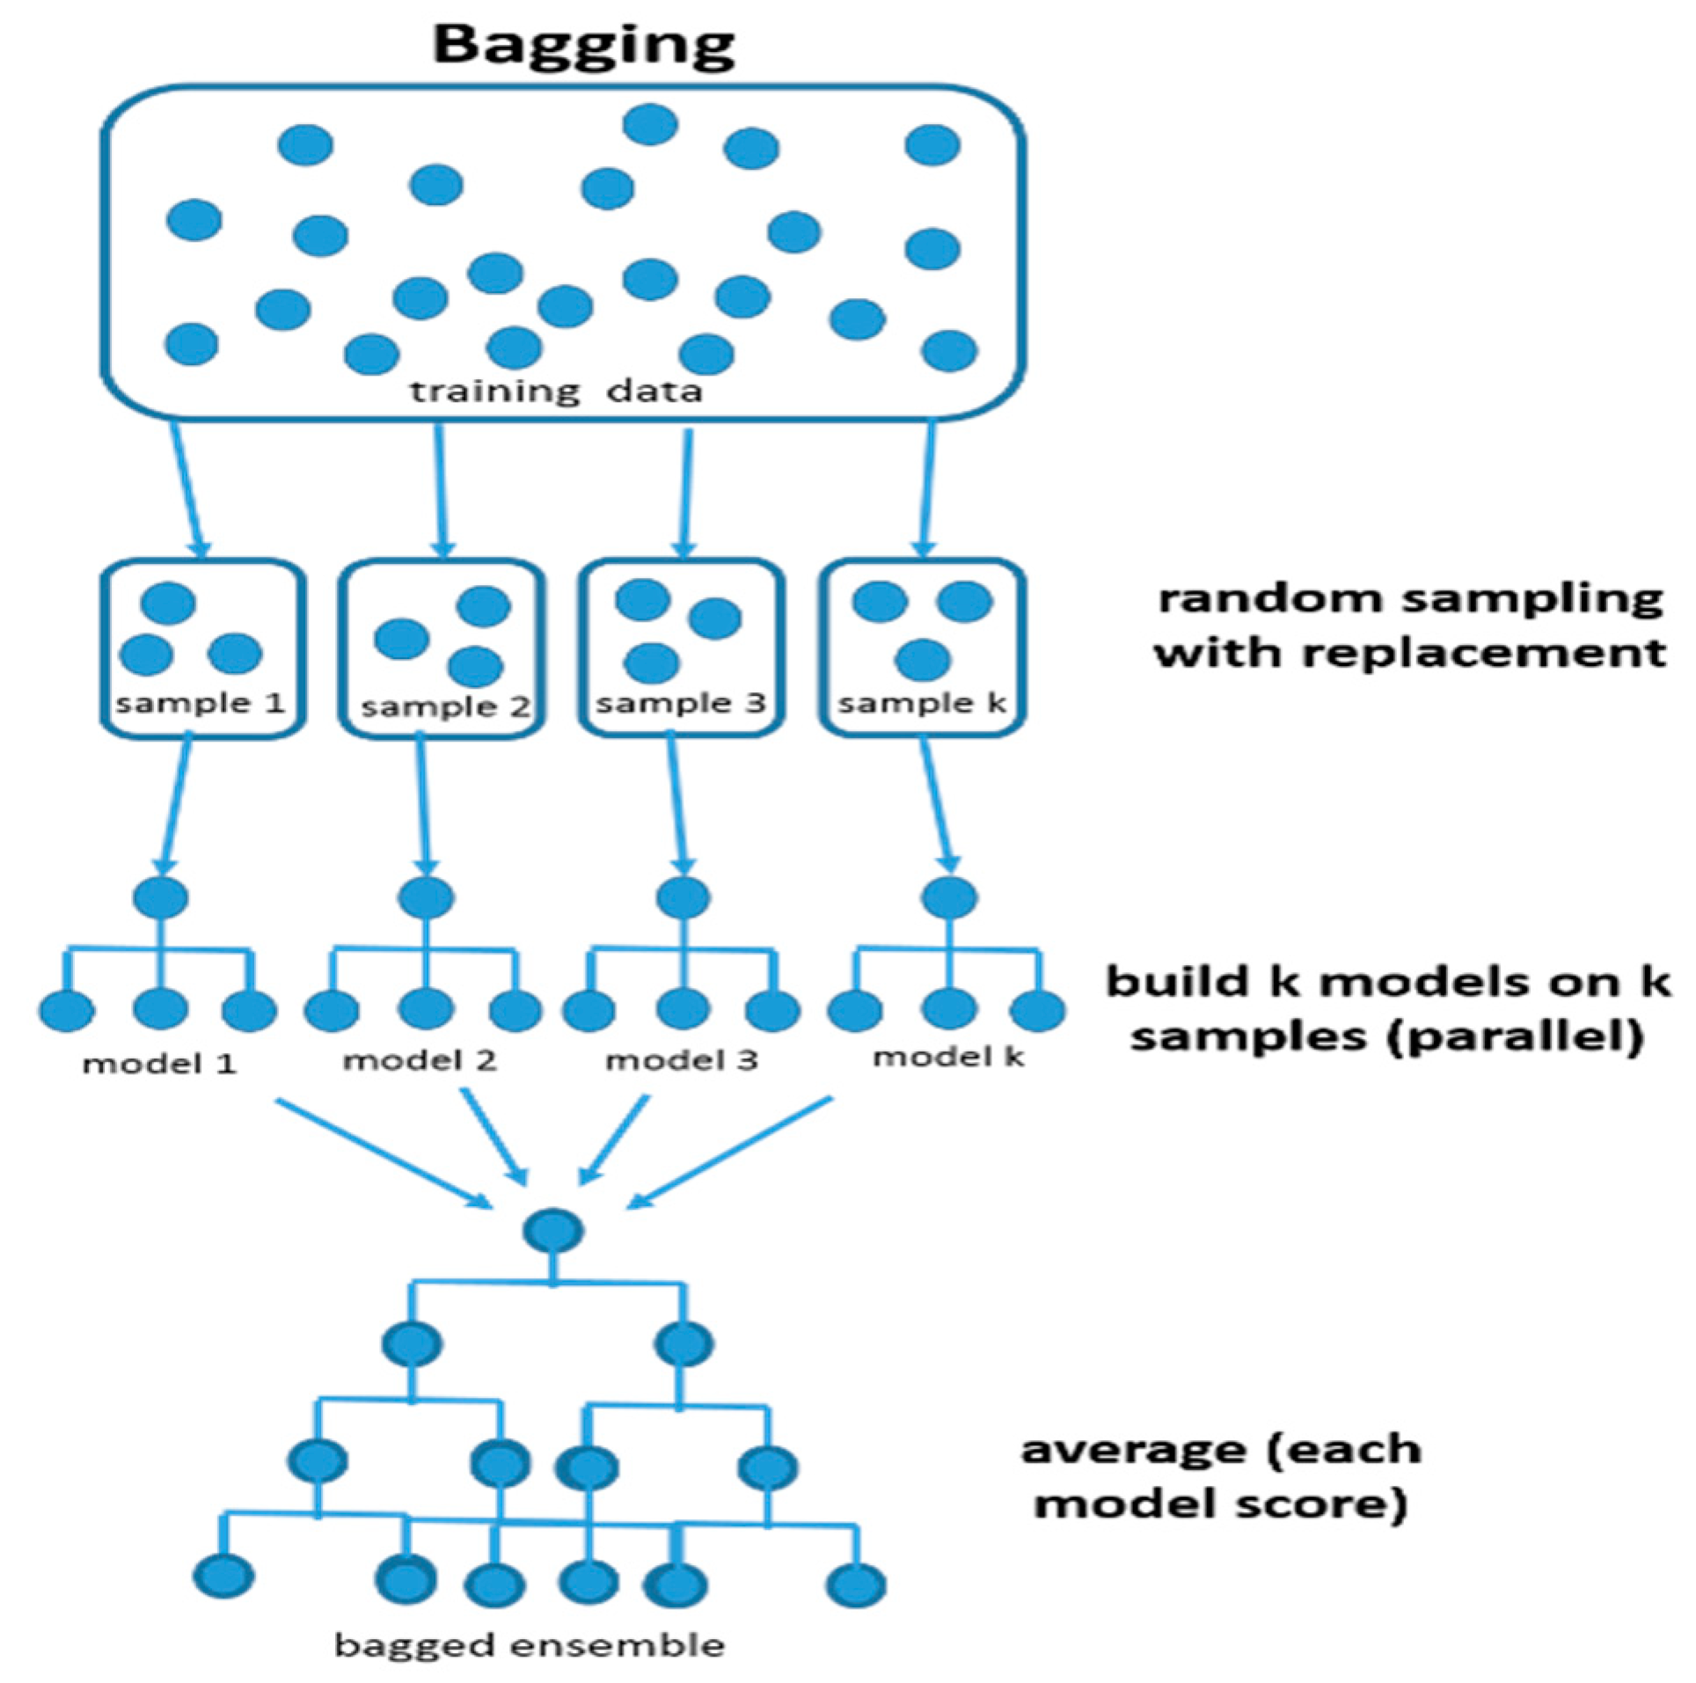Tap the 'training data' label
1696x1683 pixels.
click(x=556, y=391)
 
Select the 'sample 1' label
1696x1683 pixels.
click(x=201, y=704)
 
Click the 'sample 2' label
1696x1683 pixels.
click(x=445, y=706)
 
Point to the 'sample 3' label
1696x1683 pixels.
click(x=681, y=704)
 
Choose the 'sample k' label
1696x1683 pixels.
click(x=922, y=704)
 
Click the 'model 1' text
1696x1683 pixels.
click(x=159, y=1064)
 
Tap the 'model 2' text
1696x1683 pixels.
click(x=420, y=1060)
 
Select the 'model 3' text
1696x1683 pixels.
click(x=681, y=1060)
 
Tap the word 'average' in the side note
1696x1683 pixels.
click(x=1135, y=1450)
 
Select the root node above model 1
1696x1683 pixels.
click(x=160, y=897)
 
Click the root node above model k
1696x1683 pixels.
click(x=949, y=897)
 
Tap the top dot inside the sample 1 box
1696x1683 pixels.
click(x=168, y=604)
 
